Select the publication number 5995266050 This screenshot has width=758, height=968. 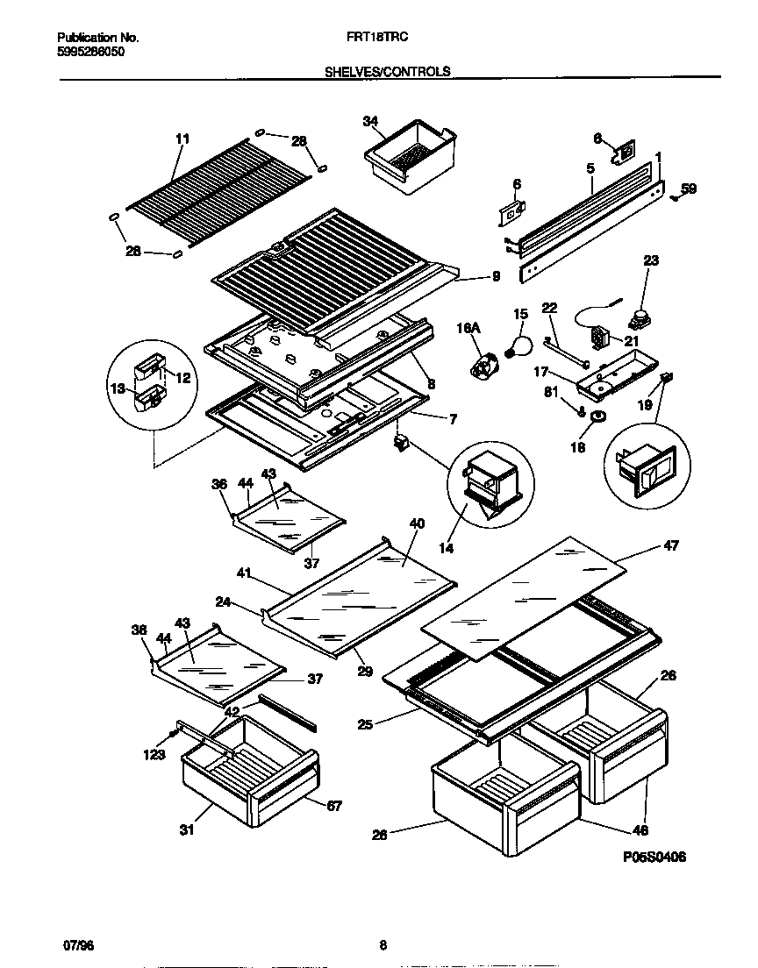pos(90,53)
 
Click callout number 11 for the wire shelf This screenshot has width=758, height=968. pos(182,139)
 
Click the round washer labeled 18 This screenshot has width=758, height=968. pos(598,416)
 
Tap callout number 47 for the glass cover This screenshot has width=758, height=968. pos(670,545)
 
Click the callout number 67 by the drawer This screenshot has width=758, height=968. pos(334,806)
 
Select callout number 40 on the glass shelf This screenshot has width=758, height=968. pos(417,523)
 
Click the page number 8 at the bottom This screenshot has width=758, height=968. pos(383,945)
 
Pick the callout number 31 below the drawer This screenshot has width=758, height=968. pos(186,830)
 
